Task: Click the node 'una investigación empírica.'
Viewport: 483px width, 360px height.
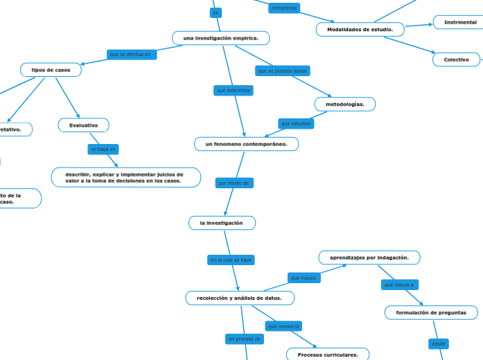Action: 220,38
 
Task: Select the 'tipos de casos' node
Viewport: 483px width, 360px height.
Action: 51,70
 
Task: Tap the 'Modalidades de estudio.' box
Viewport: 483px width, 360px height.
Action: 360,29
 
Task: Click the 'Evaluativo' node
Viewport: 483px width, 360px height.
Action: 83,125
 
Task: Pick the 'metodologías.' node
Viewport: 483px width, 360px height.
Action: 344,104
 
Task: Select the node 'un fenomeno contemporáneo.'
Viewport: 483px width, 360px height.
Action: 246,144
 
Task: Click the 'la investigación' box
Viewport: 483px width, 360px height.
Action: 222,223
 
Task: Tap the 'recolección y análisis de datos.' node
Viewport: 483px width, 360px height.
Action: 240,298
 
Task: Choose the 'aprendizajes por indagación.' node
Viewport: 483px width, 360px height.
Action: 369,258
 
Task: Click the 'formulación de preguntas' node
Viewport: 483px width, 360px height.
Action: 431,313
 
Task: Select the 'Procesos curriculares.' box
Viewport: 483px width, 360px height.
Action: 328,354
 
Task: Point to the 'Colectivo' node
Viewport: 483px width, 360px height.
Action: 457,60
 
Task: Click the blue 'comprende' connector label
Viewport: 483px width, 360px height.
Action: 284,8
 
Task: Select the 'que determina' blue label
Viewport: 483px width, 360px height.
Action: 234,91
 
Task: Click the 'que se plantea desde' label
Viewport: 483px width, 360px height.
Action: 282,71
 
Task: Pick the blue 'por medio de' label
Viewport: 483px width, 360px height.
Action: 235,183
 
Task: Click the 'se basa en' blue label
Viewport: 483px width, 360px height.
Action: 103,149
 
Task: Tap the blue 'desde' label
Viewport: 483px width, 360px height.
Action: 439,343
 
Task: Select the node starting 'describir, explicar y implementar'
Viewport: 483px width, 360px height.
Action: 125,178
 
